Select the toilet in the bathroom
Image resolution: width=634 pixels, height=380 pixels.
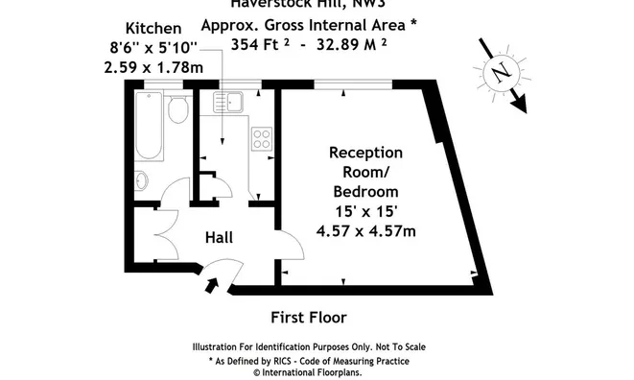coord(176,110)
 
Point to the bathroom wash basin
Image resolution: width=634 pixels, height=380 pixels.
coord(140,179)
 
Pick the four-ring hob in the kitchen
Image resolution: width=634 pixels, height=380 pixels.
coord(261,138)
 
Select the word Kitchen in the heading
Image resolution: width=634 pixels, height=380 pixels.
coord(153,29)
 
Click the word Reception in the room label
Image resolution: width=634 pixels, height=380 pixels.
coord(365,153)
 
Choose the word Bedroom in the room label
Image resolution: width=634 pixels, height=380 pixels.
coord(365,191)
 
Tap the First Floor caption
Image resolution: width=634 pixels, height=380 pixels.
coord(310,317)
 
